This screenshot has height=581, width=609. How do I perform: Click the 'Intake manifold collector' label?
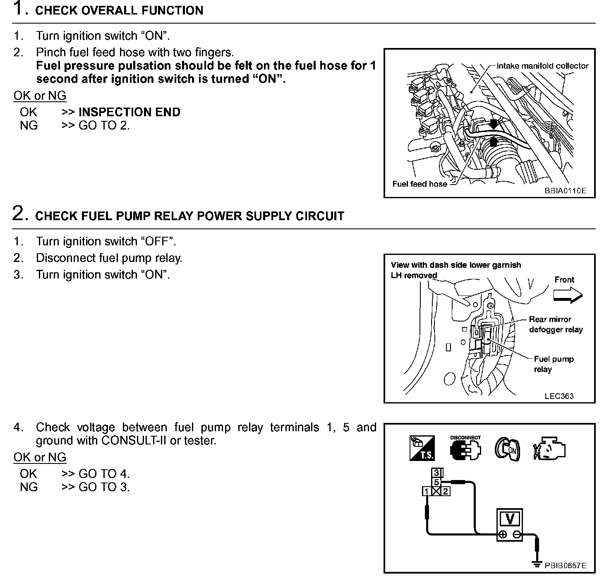542,66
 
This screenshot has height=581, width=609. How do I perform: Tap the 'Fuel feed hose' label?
420,184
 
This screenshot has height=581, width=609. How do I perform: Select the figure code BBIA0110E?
565,191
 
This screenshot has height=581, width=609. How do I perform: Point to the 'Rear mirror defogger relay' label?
556,324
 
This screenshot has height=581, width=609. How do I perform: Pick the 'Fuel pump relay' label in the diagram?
553,364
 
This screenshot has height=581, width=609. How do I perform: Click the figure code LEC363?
559,396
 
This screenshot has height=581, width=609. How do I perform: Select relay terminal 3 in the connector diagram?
436,473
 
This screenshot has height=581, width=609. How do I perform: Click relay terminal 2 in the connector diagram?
446,492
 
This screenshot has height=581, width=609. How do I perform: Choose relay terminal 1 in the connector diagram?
426,492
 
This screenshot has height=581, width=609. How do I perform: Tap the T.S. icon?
422,448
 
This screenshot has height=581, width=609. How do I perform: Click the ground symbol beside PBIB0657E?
537,564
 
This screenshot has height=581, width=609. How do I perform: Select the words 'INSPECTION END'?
129,112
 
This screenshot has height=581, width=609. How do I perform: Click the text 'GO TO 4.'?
104,473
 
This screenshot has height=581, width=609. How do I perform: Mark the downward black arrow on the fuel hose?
494,123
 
